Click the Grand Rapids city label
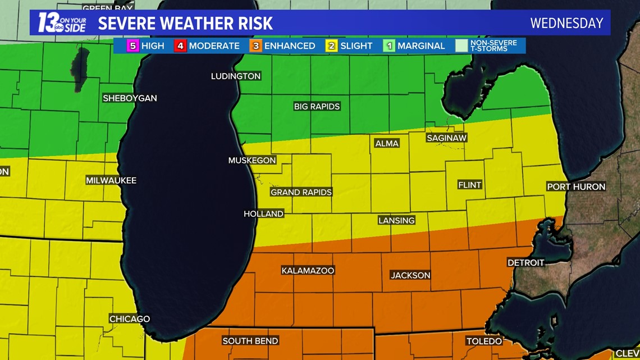point(301,192)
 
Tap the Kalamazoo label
point(308,271)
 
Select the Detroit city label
point(525,263)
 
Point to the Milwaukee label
point(111,181)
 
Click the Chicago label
point(130,319)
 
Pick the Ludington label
point(236,76)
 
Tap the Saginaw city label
point(447,138)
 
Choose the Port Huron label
point(576,186)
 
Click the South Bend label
point(250,341)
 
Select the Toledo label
point(484,341)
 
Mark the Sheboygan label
point(130,98)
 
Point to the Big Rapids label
point(317,106)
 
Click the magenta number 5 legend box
point(132,46)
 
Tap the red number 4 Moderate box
point(180,46)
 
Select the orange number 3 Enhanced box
point(256,46)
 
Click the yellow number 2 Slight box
point(331,46)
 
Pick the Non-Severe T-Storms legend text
point(494,46)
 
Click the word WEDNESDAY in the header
point(566,23)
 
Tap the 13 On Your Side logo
point(62,23)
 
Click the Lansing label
point(396,221)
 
